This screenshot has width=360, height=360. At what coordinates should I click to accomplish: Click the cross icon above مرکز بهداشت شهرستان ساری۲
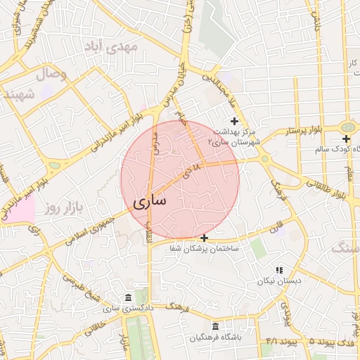234,122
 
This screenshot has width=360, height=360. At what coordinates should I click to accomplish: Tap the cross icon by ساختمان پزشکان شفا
204,238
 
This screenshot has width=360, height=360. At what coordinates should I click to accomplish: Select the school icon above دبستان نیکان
279,269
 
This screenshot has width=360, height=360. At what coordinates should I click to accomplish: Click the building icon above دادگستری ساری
127,297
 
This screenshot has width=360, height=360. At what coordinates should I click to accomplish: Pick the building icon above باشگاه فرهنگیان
214,328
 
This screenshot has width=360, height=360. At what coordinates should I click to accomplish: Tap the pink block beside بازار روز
20,210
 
